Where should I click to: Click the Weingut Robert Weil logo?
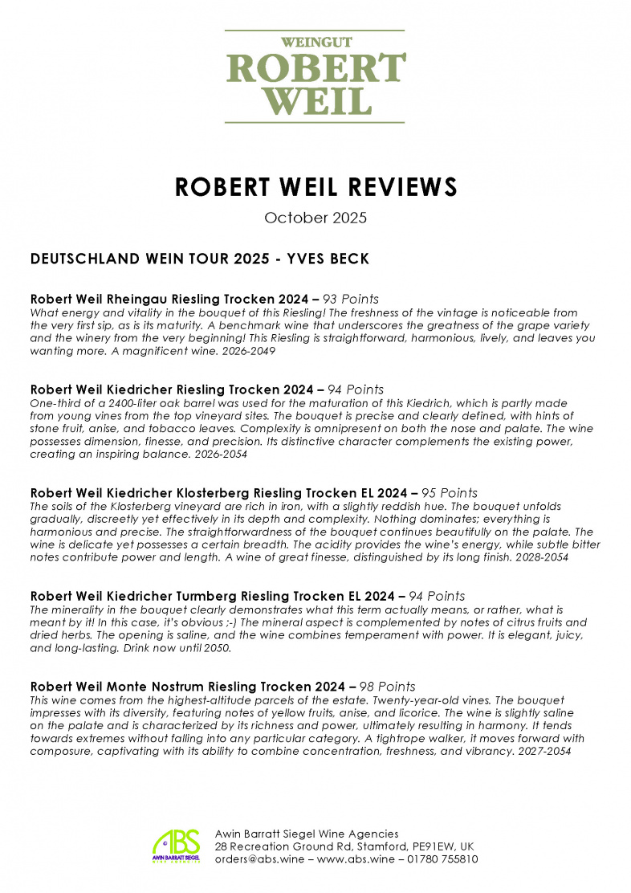315,76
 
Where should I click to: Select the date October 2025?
315,218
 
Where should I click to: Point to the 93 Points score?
351,299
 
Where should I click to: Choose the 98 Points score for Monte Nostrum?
388,687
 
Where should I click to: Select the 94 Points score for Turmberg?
438,596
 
